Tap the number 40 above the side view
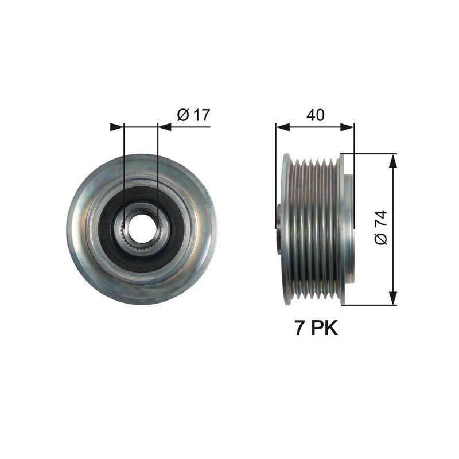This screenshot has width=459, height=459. [x=315, y=115]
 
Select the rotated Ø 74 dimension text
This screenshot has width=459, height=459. [x=380, y=228]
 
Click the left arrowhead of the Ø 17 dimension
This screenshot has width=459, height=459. [x=117, y=127]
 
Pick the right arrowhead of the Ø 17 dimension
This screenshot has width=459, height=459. [x=165, y=127]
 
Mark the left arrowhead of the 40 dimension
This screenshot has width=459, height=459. [x=282, y=127]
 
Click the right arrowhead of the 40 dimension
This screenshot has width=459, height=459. [x=347, y=127]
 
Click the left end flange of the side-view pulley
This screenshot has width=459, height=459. [x=285, y=229]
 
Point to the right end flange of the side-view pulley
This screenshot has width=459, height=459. [x=343, y=229]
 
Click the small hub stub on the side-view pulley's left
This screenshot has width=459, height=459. [x=279, y=229]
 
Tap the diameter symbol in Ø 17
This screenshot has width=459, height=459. [x=183, y=115]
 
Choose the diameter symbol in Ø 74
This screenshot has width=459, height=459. [x=380, y=239]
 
